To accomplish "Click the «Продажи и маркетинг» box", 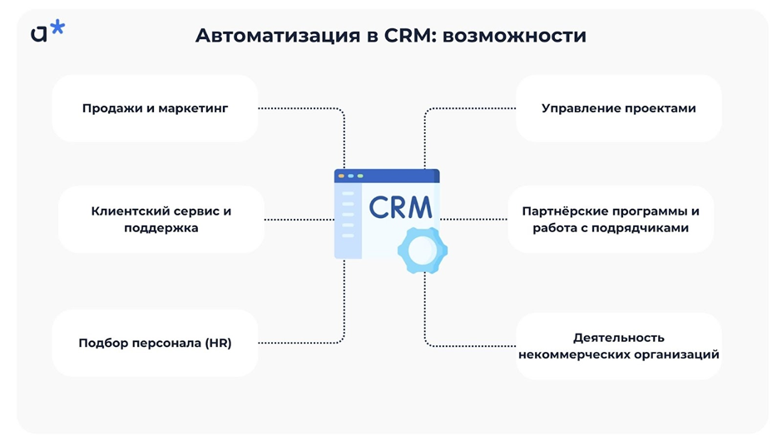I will pyautogui.click(x=155, y=108).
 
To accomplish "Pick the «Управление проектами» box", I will pyautogui.click(x=618, y=108).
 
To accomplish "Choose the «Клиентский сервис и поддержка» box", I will pyautogui.click(x=161, y=219).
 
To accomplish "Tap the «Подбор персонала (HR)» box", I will pyautogui.click(x=155, y=343).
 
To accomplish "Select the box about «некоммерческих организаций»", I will pyautogui.click(x=618, y=345).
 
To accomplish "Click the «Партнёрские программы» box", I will pyautogui.click(x=611, y=219).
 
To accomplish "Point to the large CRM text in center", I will pyautogui.click(x=400, y=206).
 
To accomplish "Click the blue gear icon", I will pyautogui.click(x=422, y=249).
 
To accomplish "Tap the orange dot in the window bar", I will pyautogui.click(x=341, y=176).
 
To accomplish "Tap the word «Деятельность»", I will pyautogui.click(x=618, y=337).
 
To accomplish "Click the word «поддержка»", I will pyautogui.click(x=161, y=227).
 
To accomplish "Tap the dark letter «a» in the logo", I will pyautogui.click(x=39, y=32).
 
